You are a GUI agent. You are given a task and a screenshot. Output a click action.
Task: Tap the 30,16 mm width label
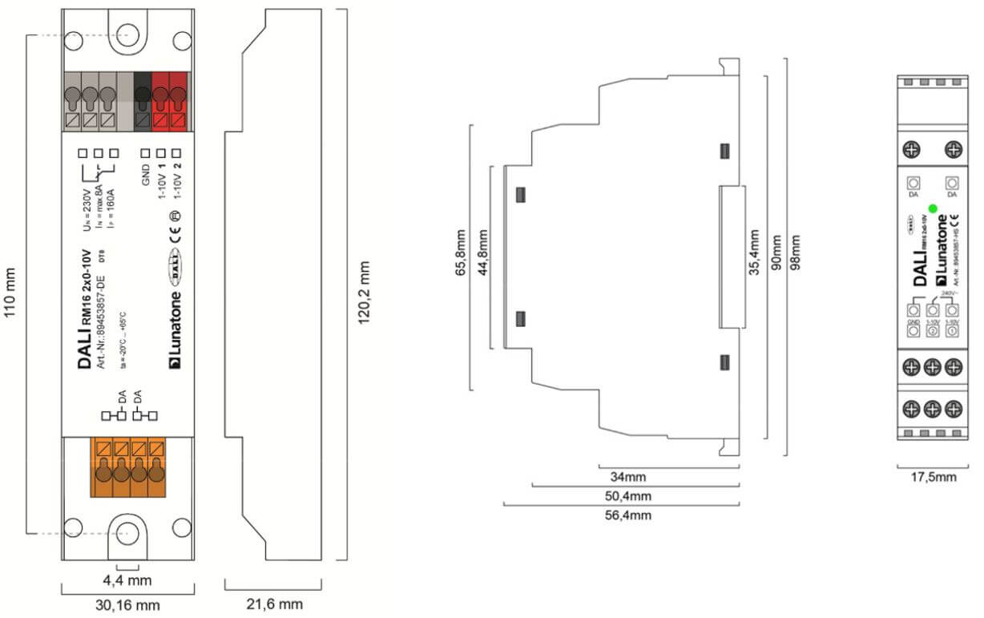coord(128,604)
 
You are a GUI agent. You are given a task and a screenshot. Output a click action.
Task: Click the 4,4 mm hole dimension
coord(127,578)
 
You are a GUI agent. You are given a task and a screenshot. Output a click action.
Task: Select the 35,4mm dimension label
coord(754,252)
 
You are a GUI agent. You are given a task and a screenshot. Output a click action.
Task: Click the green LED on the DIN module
coord(932,208)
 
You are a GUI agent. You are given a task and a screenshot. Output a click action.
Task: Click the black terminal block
coord(143,102)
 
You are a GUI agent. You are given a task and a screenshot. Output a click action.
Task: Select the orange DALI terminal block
coord(130,467)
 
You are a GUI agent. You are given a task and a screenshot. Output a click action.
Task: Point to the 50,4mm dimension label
coord(627,495)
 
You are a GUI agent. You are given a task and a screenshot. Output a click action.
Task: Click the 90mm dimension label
coord(775,252)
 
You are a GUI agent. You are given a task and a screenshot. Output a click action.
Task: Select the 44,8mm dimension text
coord(482,255)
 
